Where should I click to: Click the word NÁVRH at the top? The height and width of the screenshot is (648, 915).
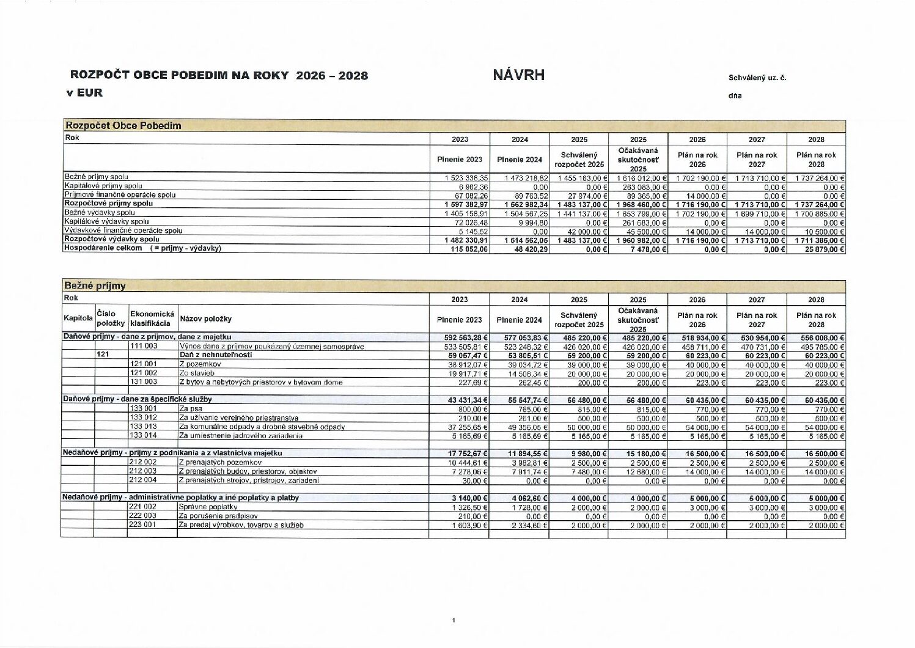click(x=518, y=75)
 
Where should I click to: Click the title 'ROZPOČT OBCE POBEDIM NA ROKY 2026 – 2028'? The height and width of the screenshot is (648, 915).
click(x=219, y=75)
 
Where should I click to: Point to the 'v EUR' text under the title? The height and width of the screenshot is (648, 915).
click(x=84, y=93)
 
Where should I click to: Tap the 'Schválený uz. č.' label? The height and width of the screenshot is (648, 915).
click(x=757, y=78)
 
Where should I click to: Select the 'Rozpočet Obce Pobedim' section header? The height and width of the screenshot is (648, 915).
click(x=123, y=125)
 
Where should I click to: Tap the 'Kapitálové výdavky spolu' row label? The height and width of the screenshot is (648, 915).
click(x=106, y=221)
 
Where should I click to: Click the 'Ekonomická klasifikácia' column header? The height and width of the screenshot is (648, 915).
click(x=152, y=318)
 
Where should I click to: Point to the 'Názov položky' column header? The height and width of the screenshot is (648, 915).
click(x=205, y=318)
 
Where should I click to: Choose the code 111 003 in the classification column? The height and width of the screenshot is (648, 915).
click(x=143, y=346)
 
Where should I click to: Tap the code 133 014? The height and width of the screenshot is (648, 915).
click(x=143, y=435)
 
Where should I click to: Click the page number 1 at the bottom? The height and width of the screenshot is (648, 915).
click(x=454, y=620)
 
